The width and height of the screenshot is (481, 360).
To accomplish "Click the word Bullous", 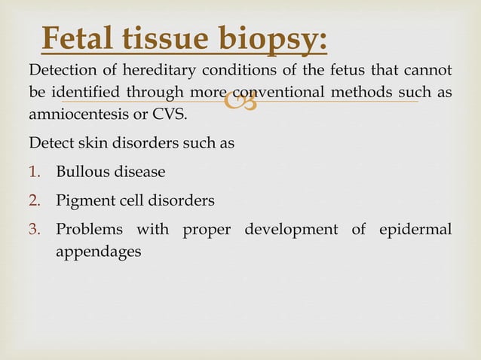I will tap(83, 172).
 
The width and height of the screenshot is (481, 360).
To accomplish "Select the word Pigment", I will tap(84, 201).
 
